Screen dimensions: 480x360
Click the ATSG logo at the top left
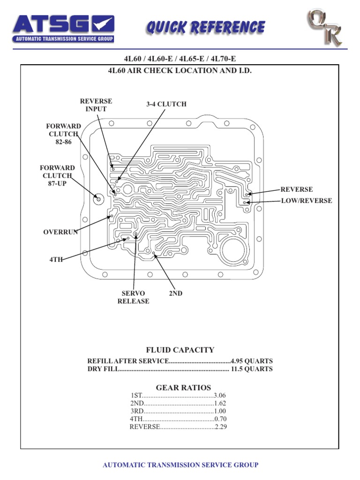63,28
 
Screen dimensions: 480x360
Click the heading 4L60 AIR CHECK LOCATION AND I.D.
180,70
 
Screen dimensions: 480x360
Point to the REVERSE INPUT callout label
96,105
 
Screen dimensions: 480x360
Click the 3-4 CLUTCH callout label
166,104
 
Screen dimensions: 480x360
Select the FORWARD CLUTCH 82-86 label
63,134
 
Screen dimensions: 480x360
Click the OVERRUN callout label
60,232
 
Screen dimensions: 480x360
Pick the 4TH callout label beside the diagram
56,259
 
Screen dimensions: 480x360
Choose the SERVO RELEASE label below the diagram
133,297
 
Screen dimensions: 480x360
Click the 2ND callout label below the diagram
175,293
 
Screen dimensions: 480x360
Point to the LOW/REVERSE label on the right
306,201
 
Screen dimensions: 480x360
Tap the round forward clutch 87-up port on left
98,200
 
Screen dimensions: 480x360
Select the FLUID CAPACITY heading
180,350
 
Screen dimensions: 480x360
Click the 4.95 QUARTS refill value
251,361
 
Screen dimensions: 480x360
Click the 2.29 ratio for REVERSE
220,427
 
